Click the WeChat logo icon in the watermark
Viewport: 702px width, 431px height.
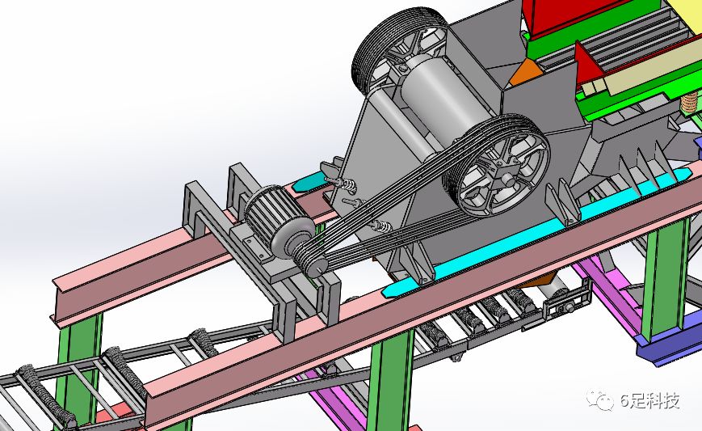(600, 400)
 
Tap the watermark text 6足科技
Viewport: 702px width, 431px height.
(650, 400)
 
